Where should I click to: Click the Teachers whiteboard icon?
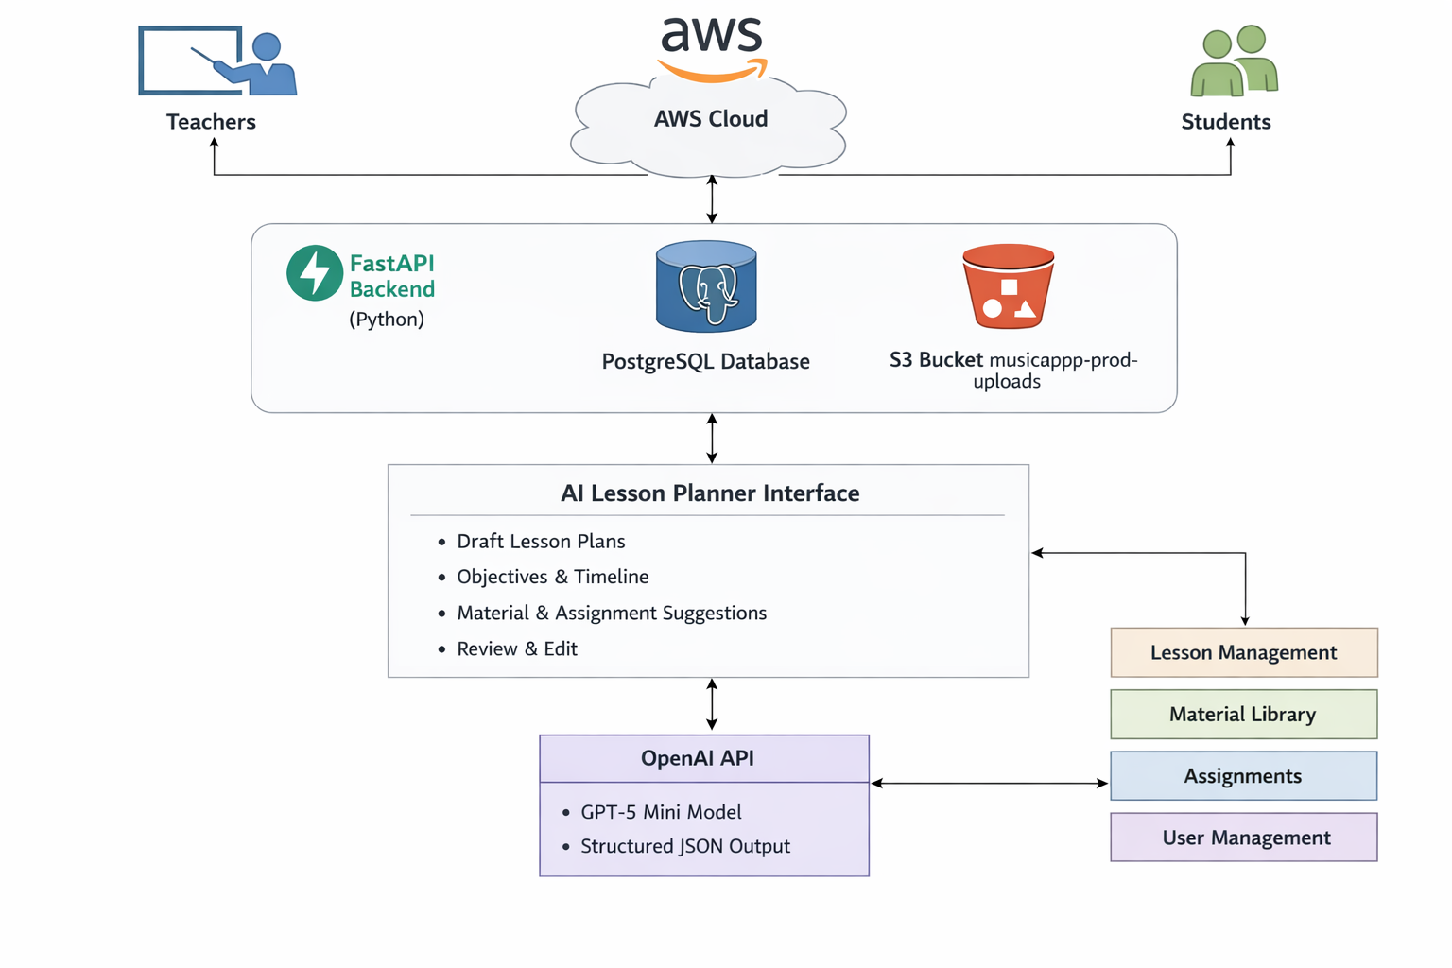coord(217,61)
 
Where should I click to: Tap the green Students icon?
coord(1234,61)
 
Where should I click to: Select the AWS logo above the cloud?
coord(712,47)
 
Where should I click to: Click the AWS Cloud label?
coord(711,119)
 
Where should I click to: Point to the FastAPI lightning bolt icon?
coord(315,273)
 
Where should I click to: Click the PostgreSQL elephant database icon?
coord(706,287)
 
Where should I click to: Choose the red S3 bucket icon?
coord(1008,286)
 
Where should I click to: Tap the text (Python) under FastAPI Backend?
coord(387,320)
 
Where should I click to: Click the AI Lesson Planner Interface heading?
coord(710,493)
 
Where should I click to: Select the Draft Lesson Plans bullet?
coord(541,542)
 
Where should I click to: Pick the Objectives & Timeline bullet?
coord(552,577)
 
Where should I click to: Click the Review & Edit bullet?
coord(516,649)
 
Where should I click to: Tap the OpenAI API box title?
coord(698,758)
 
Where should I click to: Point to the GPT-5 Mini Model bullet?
coord(661,812)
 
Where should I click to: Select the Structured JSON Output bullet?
coord(684,847)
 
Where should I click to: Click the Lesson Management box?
coord(1243,652)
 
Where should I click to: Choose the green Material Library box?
coord(1243,715)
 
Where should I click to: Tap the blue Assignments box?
coord(1243,776)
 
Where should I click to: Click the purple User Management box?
coord(1243,838)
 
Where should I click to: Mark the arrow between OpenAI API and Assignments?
coord(989,783)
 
